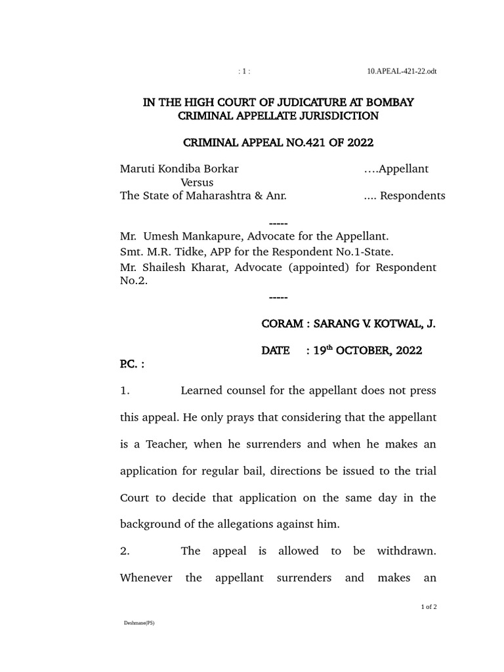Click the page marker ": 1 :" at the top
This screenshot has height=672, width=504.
(243, 72)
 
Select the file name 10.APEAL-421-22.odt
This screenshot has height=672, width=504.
(402, 72)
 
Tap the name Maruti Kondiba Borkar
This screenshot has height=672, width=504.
(179, 169)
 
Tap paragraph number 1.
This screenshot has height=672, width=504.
(125, 391)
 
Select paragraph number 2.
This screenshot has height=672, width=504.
(125, 551)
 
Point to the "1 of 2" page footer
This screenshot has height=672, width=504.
(429, 607)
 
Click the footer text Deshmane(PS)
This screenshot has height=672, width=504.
(139, 623)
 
